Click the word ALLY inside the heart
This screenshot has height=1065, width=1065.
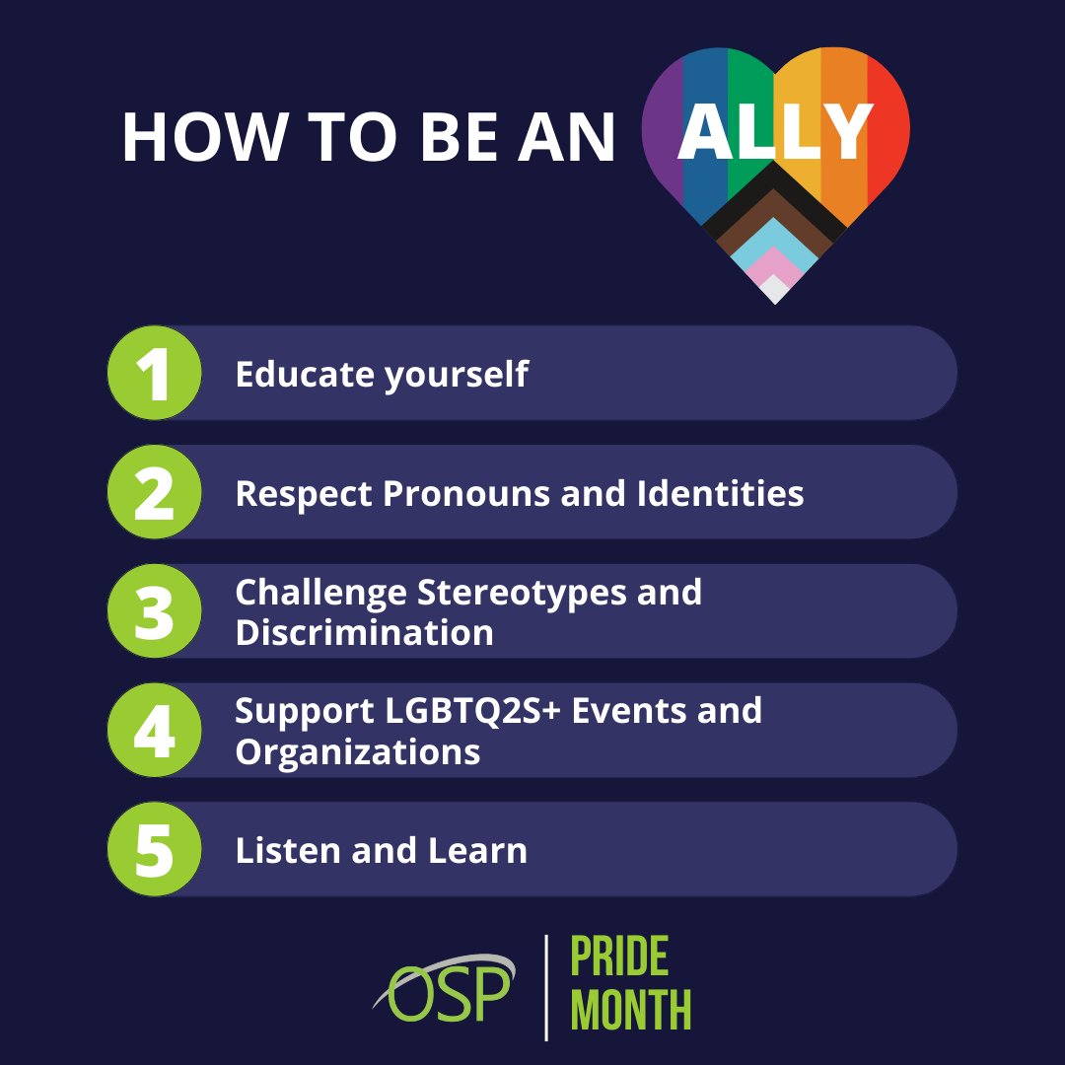(775, 132)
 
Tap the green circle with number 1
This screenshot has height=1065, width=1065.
(154, 374)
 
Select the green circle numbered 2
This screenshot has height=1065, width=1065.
(154, 492)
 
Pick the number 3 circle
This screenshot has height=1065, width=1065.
(154, 611)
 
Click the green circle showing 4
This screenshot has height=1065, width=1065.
(154, 731)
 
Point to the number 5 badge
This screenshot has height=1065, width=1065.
(154, 849)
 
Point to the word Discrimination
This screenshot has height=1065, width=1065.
(364, 632)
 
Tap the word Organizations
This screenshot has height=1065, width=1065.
(357, 752)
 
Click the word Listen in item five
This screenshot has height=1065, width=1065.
(275, 850)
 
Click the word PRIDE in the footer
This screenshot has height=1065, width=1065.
(619, 957)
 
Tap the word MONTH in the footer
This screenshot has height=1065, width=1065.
(631, 1011)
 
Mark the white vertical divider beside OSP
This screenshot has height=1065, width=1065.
(546, 987)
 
